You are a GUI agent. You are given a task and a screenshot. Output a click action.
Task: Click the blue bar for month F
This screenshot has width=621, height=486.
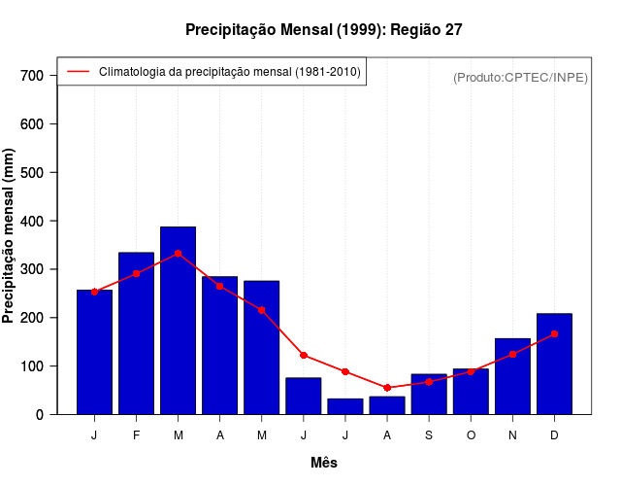coord(136,333)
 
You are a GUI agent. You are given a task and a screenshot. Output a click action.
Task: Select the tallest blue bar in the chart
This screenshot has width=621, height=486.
coord(178,321)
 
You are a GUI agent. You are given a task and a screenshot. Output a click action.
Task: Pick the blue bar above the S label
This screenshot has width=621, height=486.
coord(429,394)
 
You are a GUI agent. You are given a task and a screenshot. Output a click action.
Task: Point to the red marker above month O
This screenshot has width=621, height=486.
coord(471,371)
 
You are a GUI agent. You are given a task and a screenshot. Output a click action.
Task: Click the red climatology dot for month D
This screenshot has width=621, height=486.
coord(554,333)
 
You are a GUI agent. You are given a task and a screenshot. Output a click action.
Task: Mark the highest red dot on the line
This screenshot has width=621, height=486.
coord(178,253)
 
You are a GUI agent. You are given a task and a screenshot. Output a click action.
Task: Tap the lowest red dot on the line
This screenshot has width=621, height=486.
coord(387,388)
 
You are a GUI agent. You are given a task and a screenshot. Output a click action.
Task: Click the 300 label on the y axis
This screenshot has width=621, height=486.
coord(32,269)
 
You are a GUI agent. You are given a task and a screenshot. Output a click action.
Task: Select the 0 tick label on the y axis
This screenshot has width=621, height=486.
coord(39,415)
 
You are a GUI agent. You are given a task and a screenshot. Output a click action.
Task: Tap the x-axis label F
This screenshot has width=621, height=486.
coord(136,435)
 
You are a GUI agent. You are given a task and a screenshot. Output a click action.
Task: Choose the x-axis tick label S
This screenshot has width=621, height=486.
coord(429,435)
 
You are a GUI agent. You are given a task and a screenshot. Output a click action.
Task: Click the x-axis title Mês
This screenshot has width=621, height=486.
coord(324,463)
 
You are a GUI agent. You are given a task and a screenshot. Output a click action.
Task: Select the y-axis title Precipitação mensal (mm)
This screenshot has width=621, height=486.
coord(10,235)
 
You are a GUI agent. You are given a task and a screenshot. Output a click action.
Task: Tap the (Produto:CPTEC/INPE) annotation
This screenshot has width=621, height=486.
coord(520,77)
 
